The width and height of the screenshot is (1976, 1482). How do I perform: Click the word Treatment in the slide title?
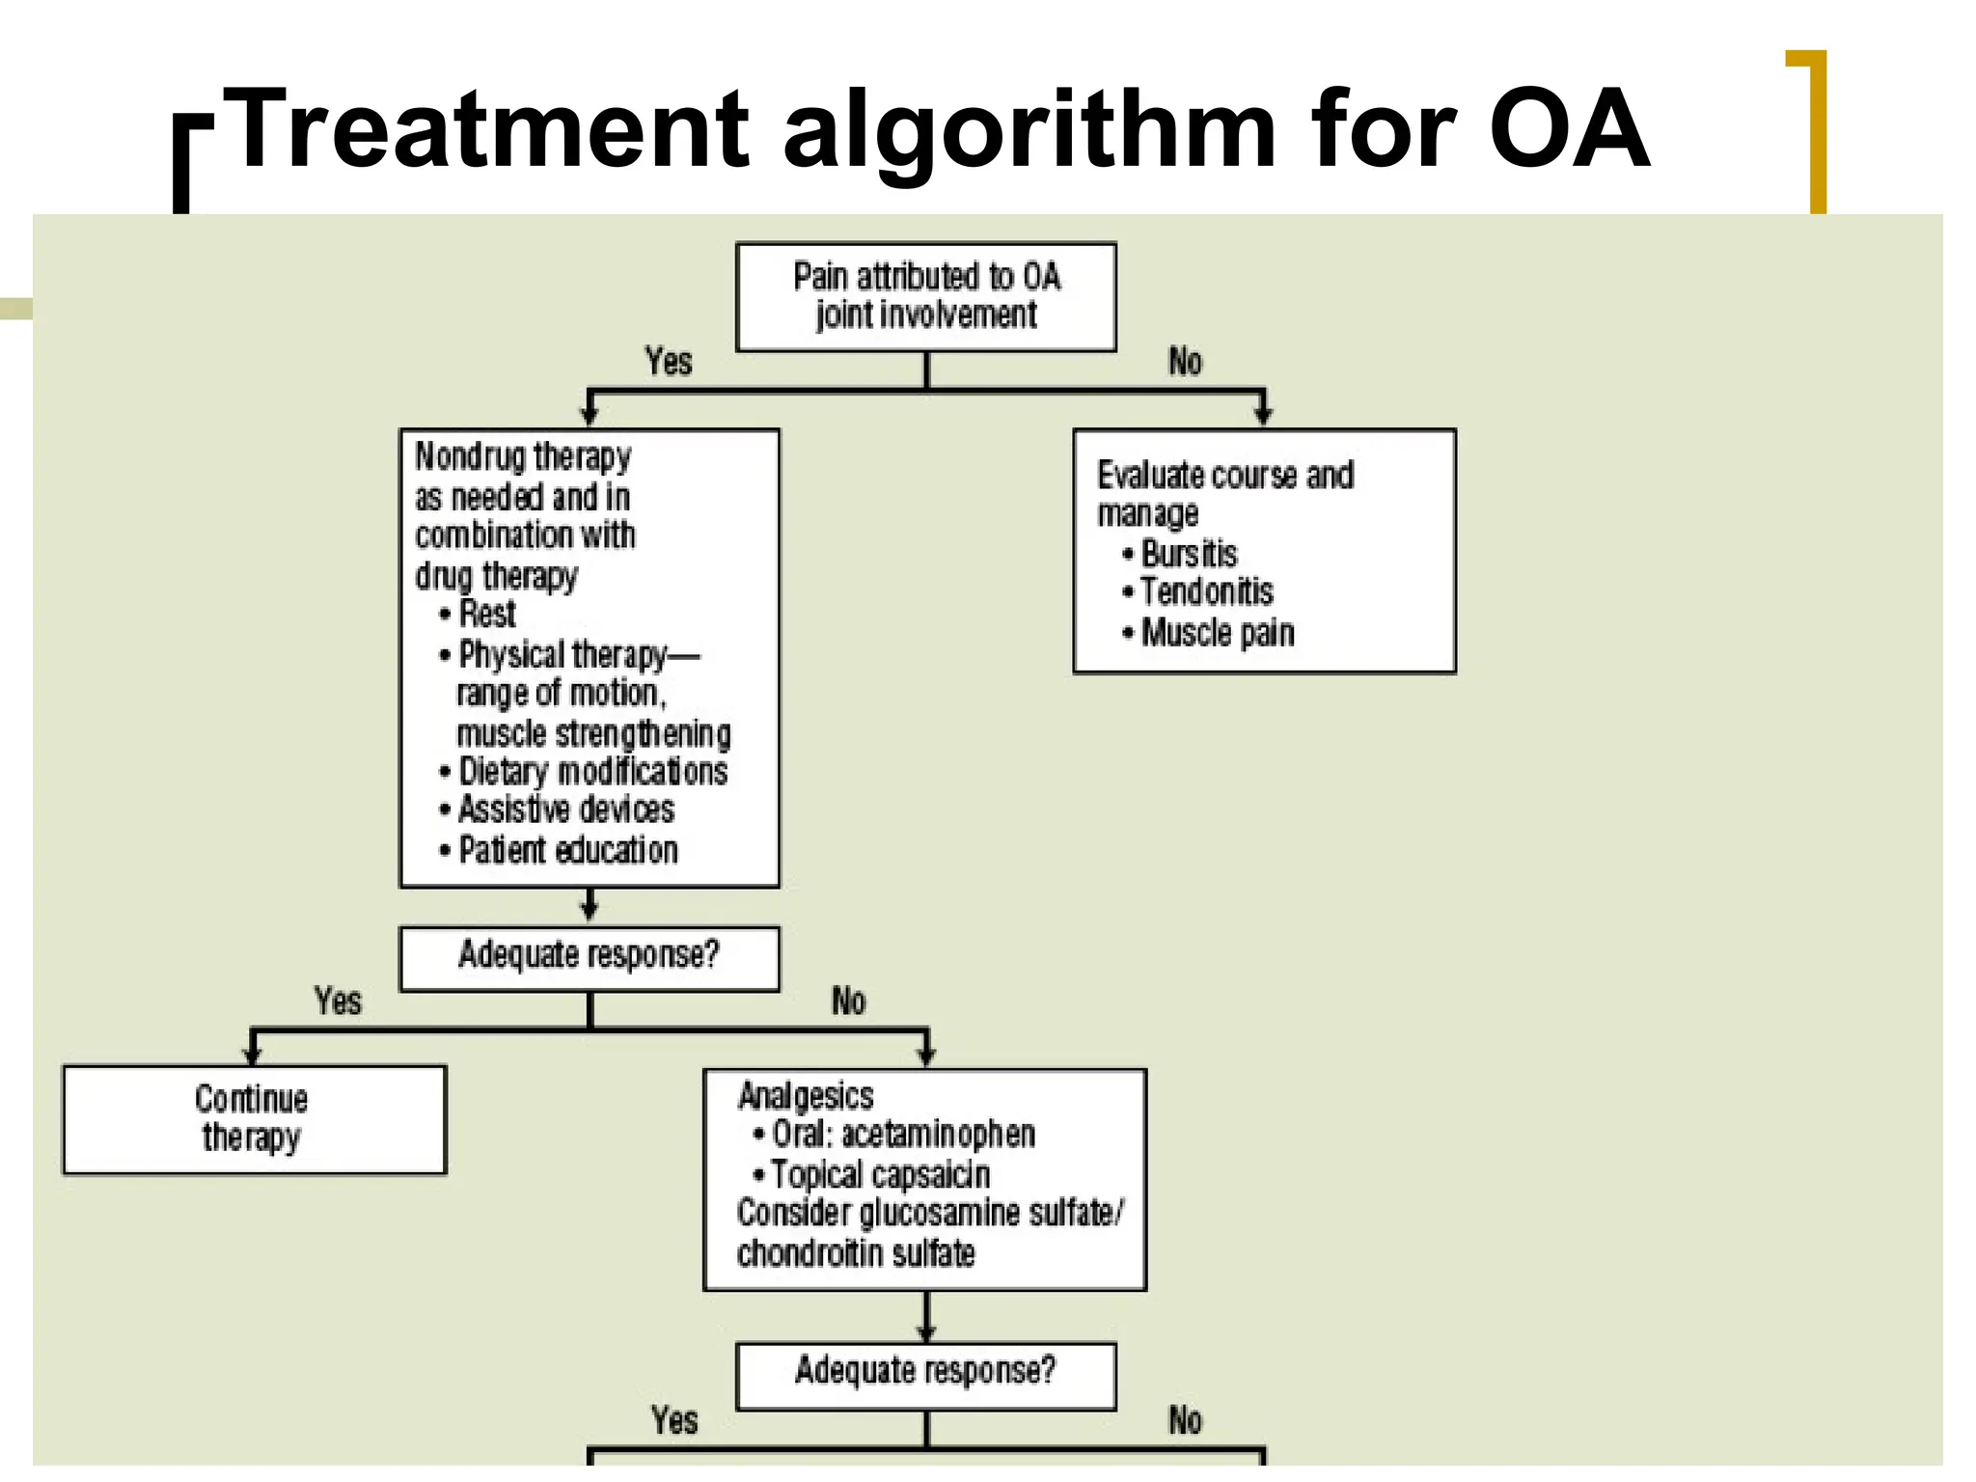click(x=490, y=130)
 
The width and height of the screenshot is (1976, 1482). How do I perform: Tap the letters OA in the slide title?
click(x=1568, y=130)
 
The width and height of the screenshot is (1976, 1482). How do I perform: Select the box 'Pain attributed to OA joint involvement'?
click(x=925, y=296)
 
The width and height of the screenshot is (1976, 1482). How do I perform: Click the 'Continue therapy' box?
click(x=254, y=1119)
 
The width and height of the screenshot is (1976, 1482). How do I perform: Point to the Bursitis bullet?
click(x=1188, y=554)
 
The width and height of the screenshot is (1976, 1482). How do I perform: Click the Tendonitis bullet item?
click(x=1205, y=591)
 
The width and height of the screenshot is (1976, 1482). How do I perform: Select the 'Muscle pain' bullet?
click(x=1217, y=633)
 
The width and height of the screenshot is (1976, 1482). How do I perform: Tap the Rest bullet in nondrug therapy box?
click(x=486, y=614)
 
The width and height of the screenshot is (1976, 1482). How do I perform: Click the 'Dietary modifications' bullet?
click(x=591, y=772)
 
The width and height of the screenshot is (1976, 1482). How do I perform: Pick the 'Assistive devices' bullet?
click(x=565, y=810)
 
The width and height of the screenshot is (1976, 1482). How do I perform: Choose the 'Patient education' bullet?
click(x=567, y=850)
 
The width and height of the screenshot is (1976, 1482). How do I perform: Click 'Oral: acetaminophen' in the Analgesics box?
click(x=902, y=1135)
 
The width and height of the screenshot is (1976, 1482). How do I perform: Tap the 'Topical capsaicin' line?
click(x=880, y=1175)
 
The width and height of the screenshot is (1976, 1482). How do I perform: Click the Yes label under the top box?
click(x=669, y=362)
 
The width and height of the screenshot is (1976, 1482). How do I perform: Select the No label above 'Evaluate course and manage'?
click(x=1185, y=362)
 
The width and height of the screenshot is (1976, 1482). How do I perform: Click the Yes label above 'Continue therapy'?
click(x=338, y=1002)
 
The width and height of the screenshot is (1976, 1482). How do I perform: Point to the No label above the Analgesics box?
click(x=848, y=1002)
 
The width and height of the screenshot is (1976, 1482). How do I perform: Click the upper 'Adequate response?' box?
click(x=589, y=958)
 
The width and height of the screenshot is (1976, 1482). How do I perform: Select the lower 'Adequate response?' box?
click(x=925, y=1375)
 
